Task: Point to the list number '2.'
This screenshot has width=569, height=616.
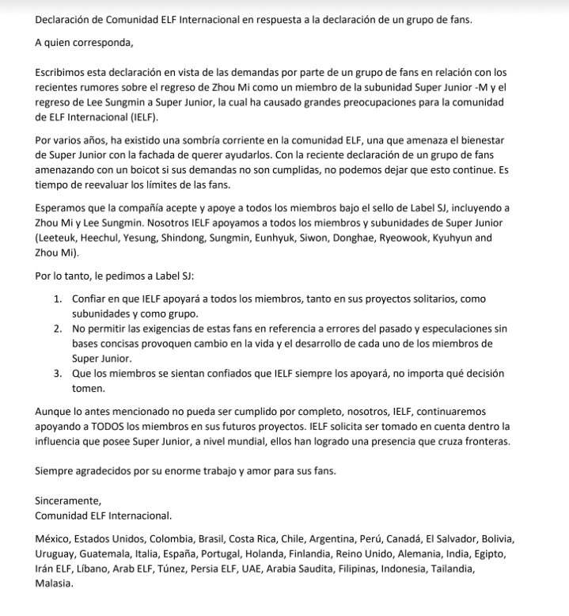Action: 59,327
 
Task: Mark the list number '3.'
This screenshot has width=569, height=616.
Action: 59,373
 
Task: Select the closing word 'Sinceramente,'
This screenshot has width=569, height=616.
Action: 69,501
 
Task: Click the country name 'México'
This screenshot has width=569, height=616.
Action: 52,538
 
